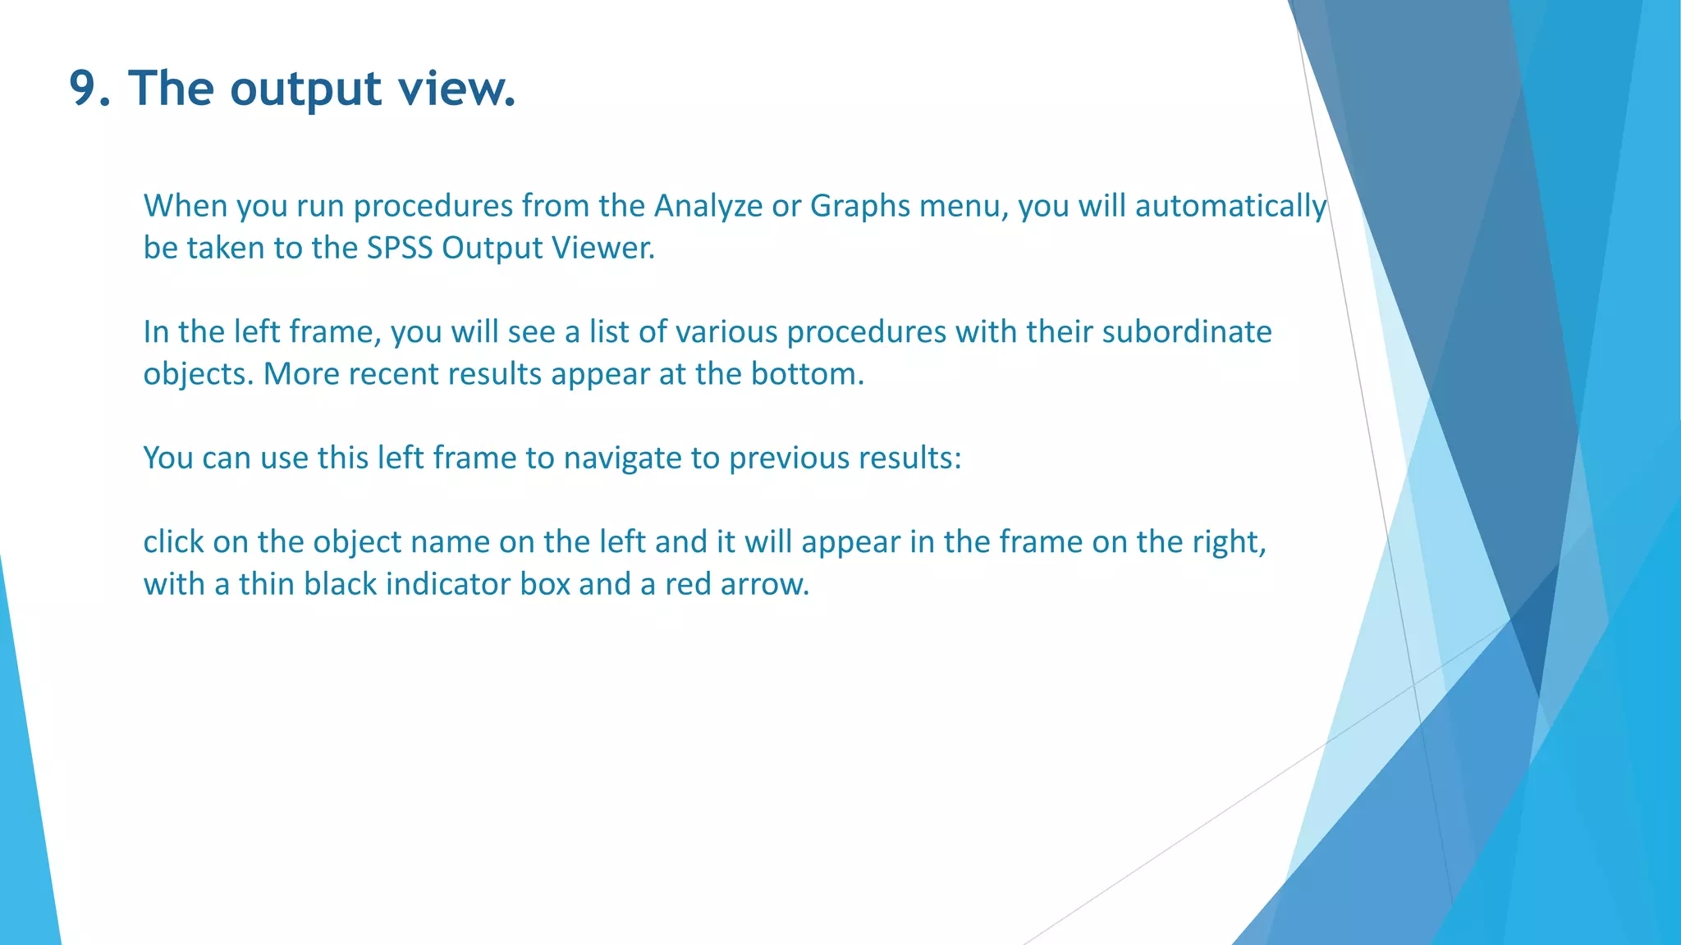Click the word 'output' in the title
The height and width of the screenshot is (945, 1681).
[305, 88]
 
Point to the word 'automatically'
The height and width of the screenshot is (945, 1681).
[1230, 206]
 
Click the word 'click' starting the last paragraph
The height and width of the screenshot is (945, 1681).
[172, 542]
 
